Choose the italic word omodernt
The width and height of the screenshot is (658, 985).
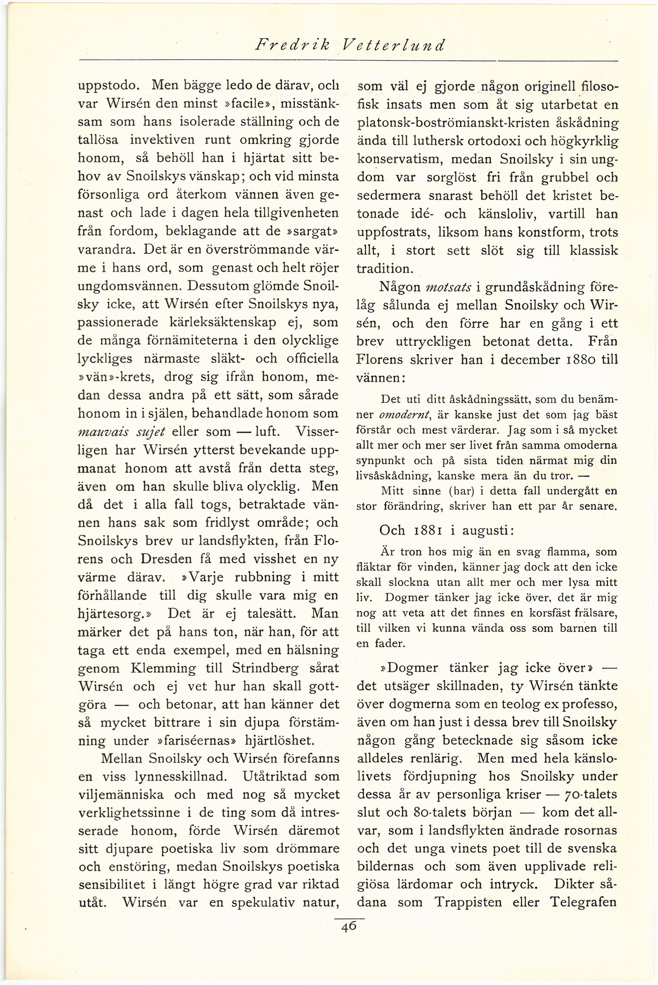tap(404, 415)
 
